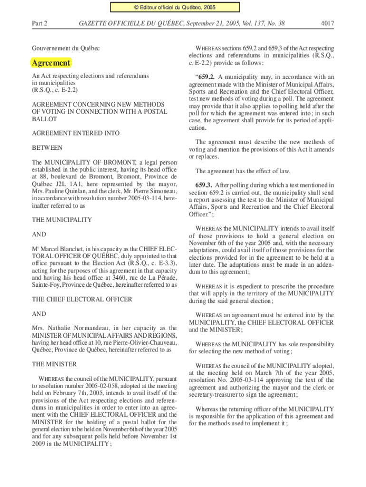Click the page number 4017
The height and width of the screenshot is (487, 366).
coord(326,23)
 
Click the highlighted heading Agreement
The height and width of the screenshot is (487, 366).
coord(51,63)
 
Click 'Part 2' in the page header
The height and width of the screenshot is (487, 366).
coord(39,23)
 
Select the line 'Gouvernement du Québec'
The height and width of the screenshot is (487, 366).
coord(66,49)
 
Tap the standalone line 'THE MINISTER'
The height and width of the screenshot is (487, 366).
coord(54,364)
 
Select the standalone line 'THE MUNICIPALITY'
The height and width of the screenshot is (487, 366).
coord(62,220)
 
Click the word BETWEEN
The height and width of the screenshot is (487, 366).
coord(47,148)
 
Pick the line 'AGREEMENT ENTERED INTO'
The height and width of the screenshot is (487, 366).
coord(76,134)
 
